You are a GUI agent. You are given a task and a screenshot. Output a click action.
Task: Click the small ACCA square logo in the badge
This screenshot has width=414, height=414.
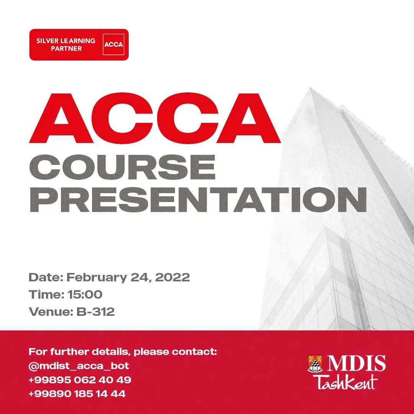[113, 44]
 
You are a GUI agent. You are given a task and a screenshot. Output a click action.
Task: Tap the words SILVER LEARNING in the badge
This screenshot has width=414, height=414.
[66, 41]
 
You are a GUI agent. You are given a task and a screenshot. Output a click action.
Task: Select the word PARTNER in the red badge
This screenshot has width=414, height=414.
[66, 49]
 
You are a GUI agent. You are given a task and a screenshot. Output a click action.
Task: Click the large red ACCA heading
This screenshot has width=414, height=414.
[154, 118]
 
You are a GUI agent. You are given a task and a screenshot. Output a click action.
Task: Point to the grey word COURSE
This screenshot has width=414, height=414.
[122, 167]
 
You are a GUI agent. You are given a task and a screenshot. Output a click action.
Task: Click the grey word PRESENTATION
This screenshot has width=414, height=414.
[198, 200]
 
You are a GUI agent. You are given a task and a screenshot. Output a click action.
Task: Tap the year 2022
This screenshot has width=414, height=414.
[172, 277]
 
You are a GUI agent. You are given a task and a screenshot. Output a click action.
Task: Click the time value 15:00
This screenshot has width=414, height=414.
[85, 294]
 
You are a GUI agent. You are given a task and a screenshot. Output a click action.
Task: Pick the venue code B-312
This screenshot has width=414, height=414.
[95, 312]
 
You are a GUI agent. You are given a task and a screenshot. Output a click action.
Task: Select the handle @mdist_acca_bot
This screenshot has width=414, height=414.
[79, 366]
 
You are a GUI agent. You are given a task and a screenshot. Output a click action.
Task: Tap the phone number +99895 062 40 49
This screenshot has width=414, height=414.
[80, 379]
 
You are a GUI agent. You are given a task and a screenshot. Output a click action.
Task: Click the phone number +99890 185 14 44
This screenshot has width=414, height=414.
[77, 394]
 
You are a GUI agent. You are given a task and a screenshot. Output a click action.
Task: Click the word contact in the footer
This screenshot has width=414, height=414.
[194, 352]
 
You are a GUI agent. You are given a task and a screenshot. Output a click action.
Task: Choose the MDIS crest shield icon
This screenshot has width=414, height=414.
[315, 364]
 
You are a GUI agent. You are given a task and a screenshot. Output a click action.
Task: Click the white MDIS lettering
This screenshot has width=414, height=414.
[356, 363]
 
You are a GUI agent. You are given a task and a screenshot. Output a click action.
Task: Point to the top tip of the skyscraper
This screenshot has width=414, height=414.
[310, 87]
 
